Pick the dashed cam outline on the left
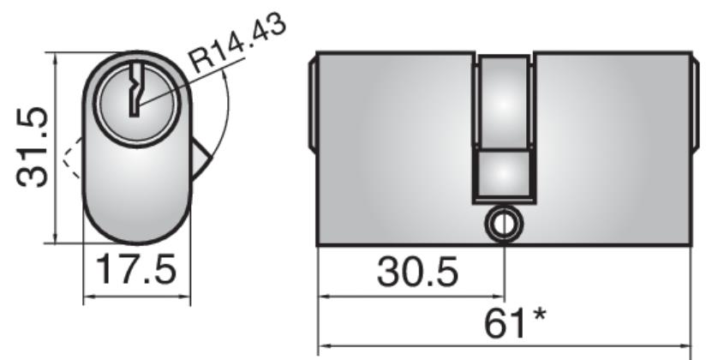(69, 158)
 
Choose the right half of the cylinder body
(613, 146)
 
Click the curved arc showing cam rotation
(224, 111)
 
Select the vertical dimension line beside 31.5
(56, 147)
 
